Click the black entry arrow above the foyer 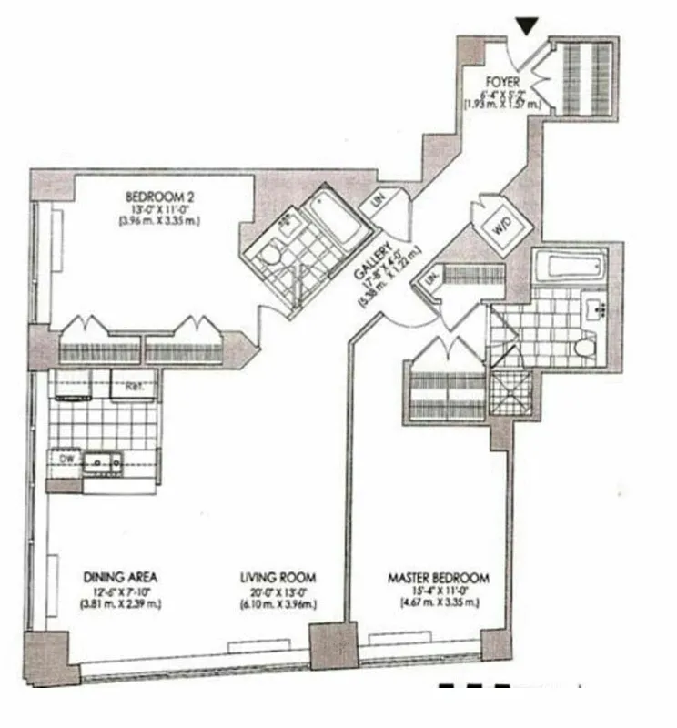point(526,25)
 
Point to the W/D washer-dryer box point(500,231)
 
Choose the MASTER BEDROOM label point(439,578)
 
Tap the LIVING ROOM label point(278,578)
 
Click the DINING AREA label point(121,578)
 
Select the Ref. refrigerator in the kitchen point(134,386)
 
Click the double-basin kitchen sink point(103,461)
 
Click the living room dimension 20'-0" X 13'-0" point(278,591)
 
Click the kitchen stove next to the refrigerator point(80,386)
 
